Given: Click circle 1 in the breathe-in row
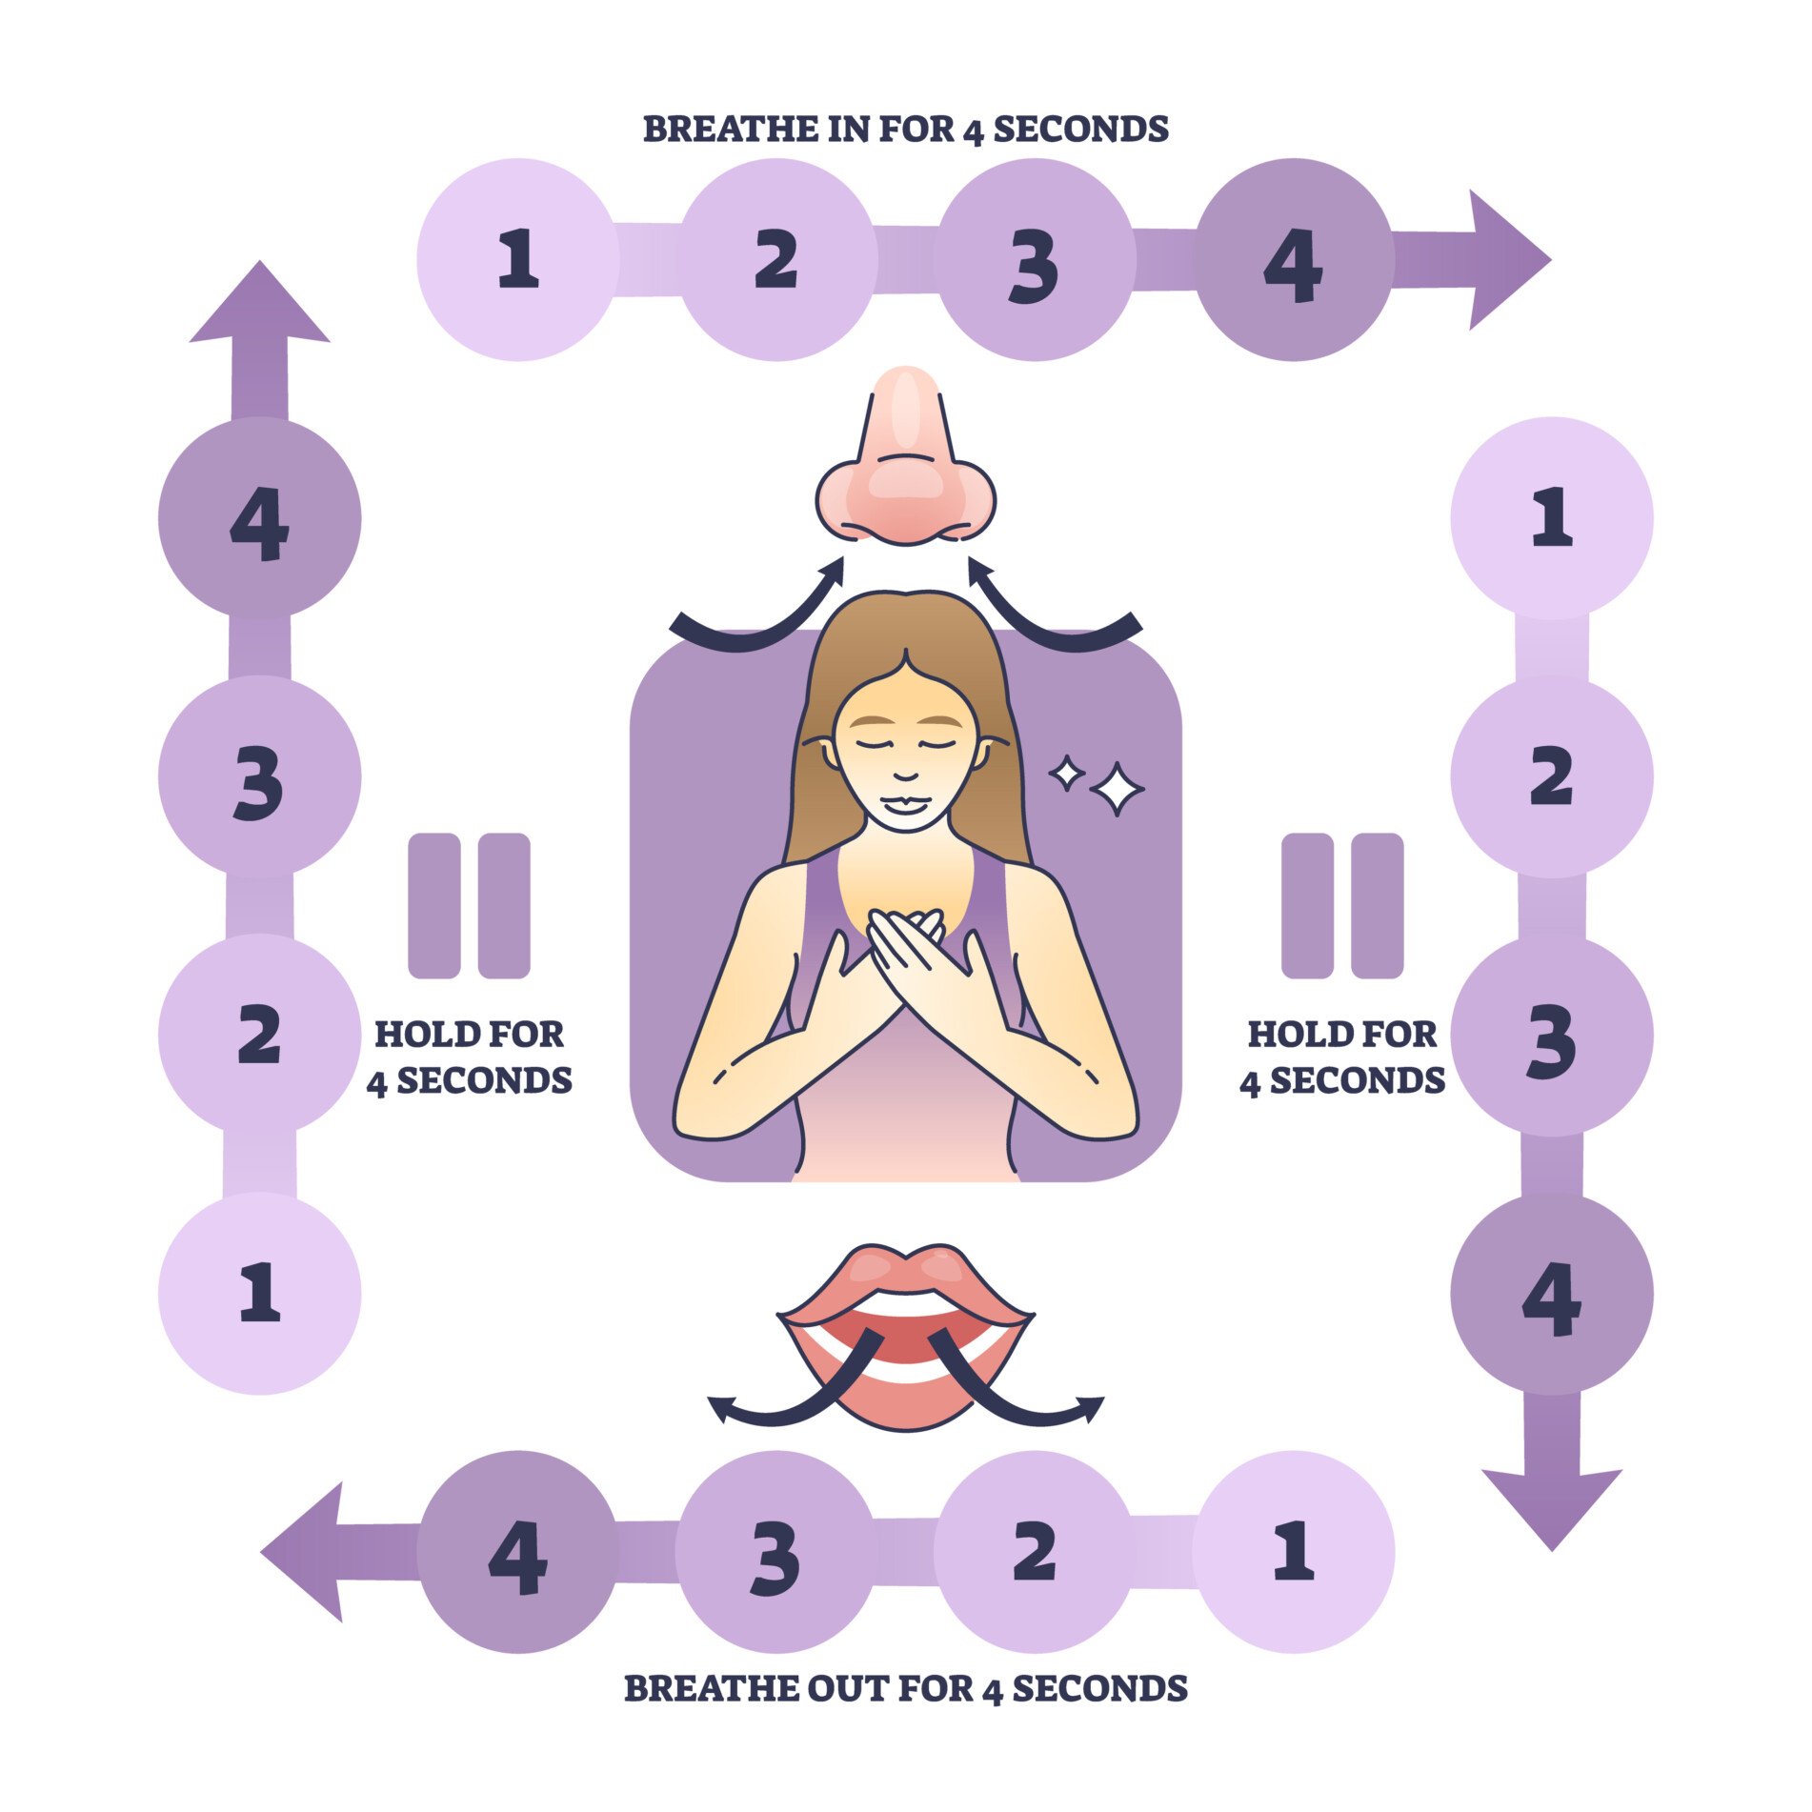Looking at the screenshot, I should coord(517,259).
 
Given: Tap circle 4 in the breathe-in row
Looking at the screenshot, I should coord(1293,259).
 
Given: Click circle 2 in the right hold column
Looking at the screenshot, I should coord(1551,776).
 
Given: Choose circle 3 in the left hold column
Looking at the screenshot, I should coord(259,776).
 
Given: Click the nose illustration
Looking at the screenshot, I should coord(905,462).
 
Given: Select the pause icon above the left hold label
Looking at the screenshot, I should coord(469,905).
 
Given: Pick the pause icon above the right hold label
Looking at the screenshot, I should coord(1341,905).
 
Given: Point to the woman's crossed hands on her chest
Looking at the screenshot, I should coord(905,957).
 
